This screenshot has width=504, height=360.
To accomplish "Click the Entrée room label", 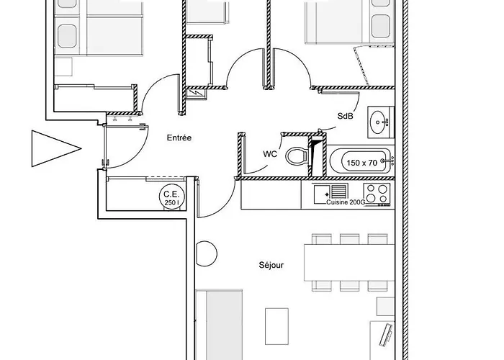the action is click(x=179, y=138).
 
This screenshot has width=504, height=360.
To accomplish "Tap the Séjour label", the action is click(x=271, y=265).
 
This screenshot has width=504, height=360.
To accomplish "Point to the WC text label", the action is click(x=270, y=154).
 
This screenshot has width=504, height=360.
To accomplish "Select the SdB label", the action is click(x=345, y=116).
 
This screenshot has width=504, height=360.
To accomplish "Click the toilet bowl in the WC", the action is click(x=297, y=156).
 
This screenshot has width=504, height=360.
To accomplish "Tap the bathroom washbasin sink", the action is click(x=381, y=122).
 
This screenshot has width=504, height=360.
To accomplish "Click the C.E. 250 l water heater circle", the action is click(x=172, y=197).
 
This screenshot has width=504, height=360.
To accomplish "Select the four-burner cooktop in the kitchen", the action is click(x=377, y=194).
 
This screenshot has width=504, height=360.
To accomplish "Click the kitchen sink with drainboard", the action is click(x=330, y=193).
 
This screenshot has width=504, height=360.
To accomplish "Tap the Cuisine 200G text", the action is click(x=346, y=202).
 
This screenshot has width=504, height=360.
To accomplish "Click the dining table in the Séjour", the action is click(x=349, y=263).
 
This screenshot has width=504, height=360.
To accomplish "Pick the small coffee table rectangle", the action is click(x=276, y=326).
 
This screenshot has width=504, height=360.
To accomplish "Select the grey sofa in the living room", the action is click(x=219, y=325).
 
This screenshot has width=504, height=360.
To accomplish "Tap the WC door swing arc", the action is click(x=258, y=171).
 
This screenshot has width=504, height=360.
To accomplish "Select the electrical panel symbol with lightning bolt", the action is click(x=196, y=93).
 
